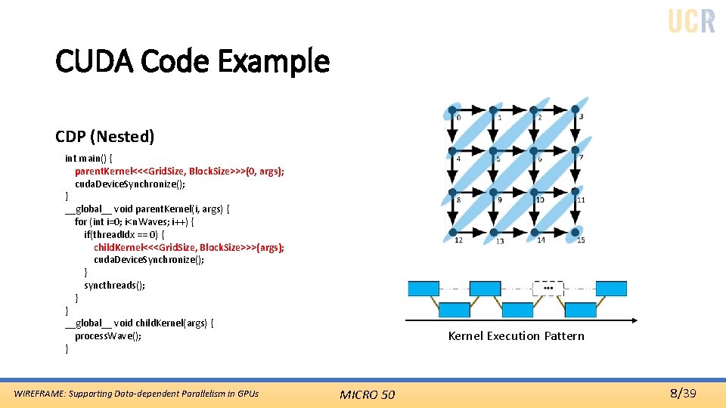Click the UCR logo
tap(691, 20)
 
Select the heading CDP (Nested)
tap(104, 136)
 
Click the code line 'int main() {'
tap(89, 158)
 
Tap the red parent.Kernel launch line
tap(179, 171)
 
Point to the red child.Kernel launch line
tap(189, 247)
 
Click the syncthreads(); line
tap(114, 285)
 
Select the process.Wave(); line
tap(108, 335)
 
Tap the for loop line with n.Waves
tap(134, 221)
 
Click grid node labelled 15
tap(575, 231)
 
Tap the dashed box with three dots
tap(548, 288)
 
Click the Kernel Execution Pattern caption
tap(516, 335)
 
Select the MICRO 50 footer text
tap(367, 394)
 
